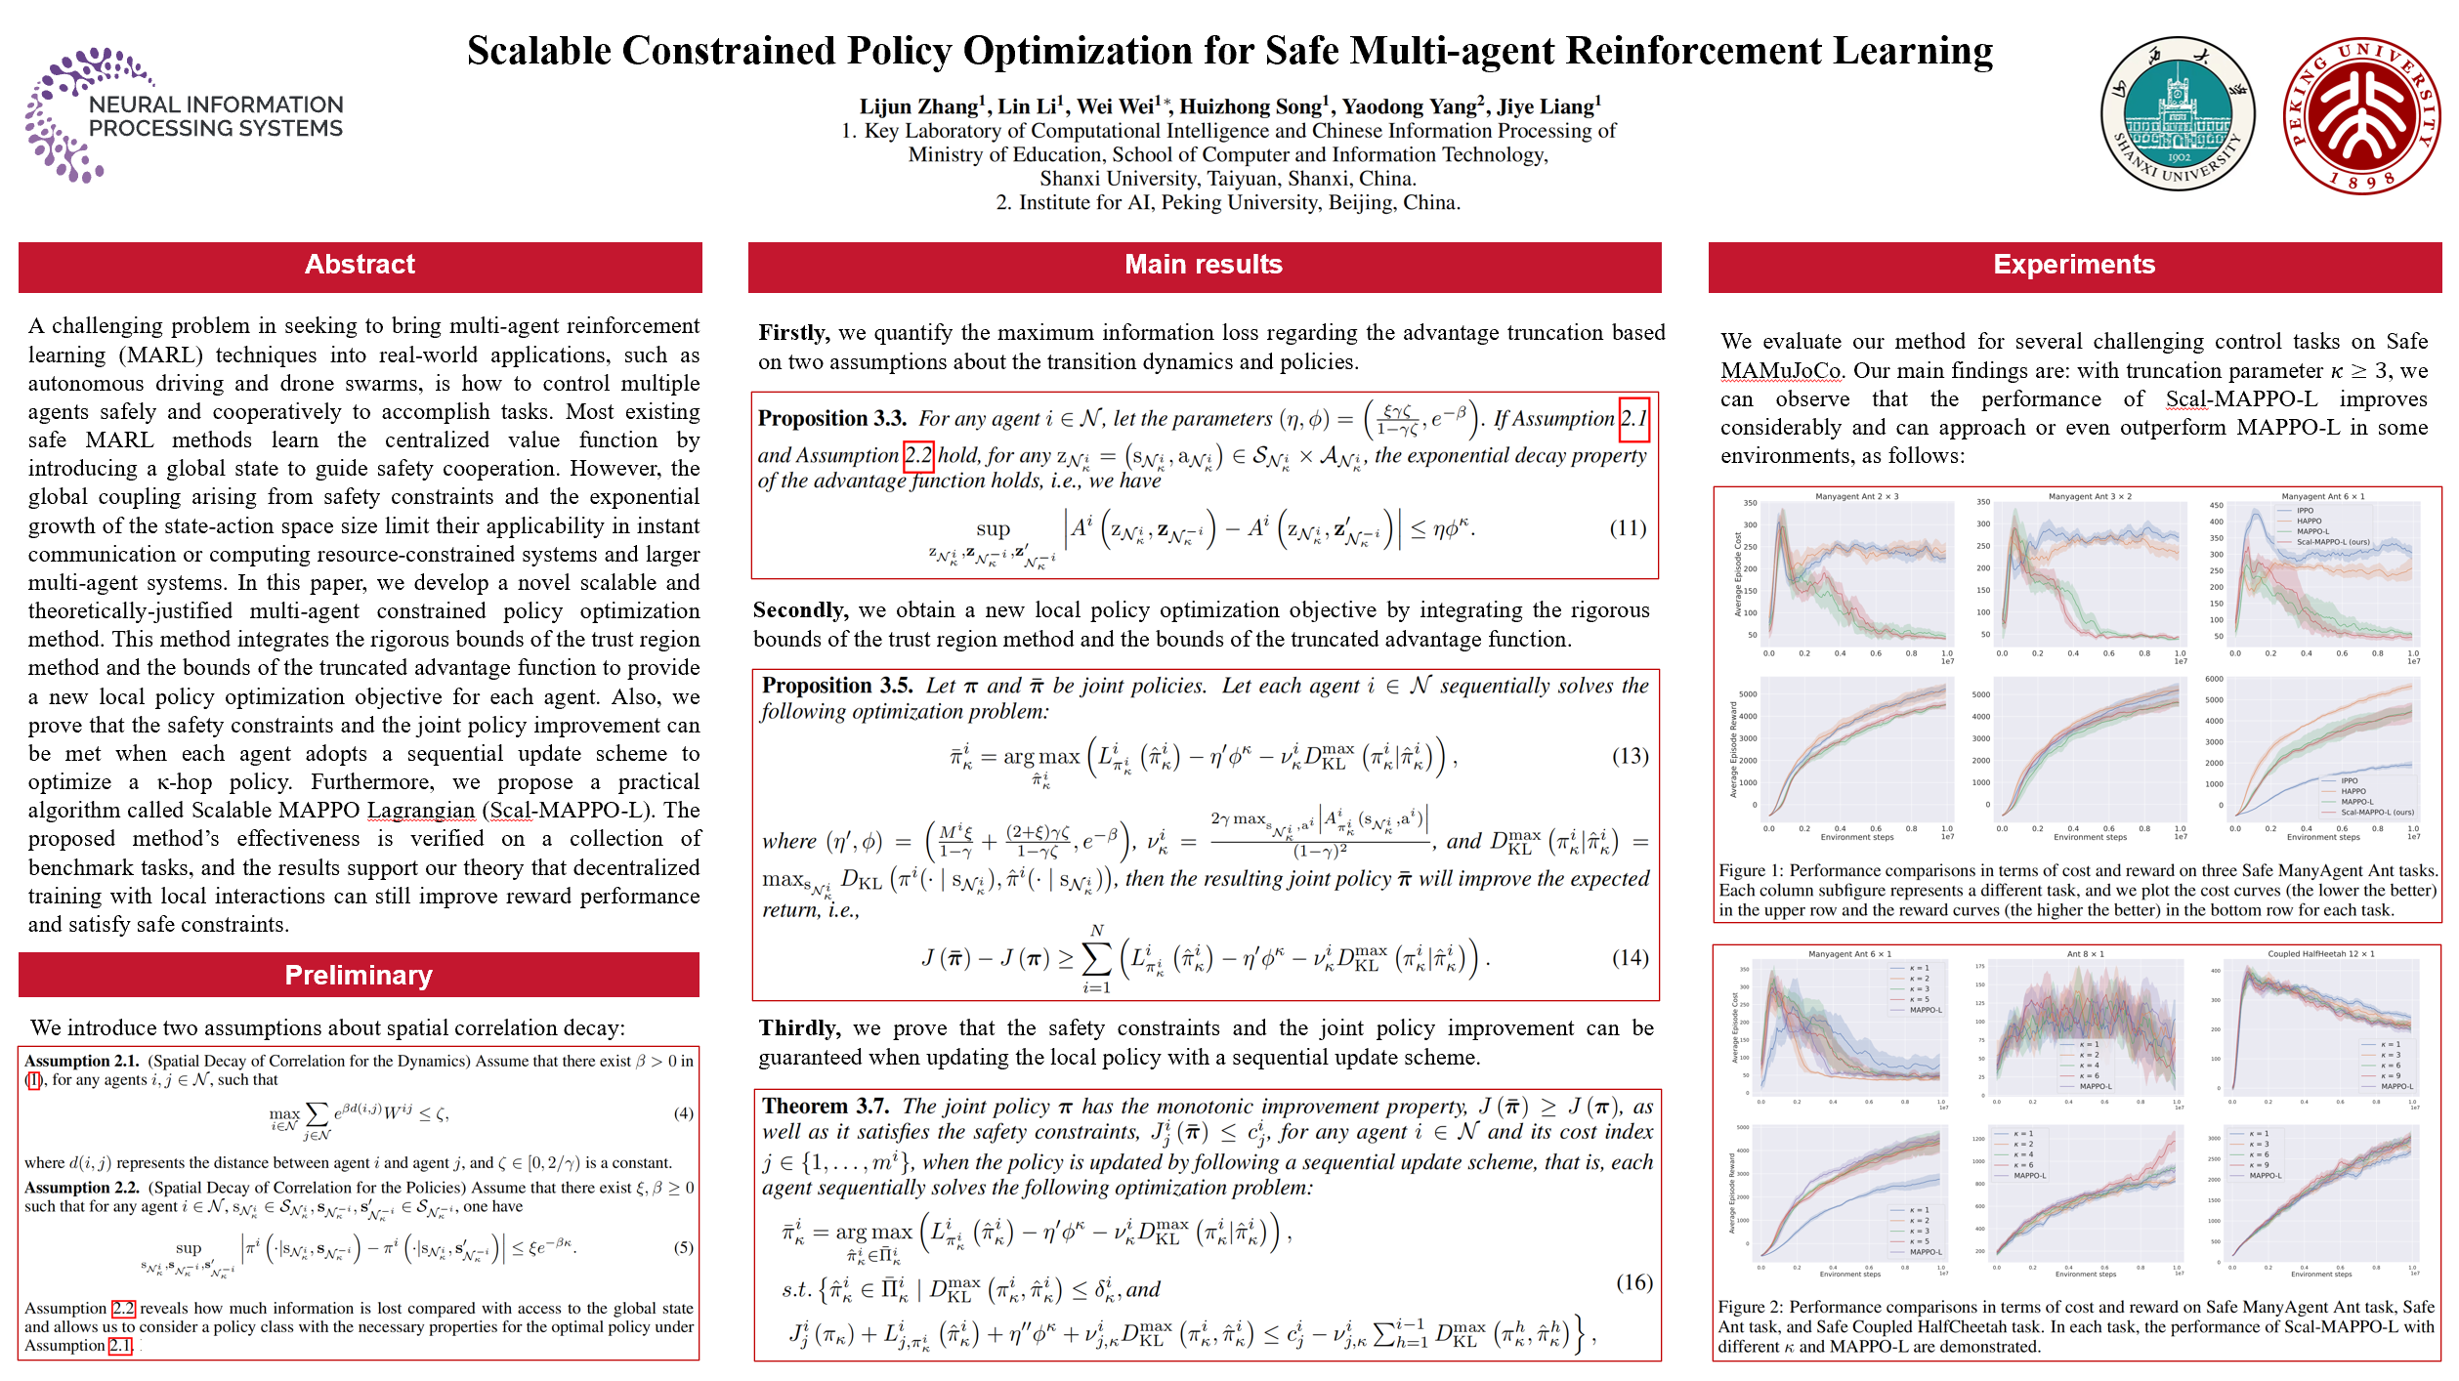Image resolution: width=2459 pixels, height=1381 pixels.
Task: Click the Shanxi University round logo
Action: point(2178,113)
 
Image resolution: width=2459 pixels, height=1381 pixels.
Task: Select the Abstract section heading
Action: point(360,265)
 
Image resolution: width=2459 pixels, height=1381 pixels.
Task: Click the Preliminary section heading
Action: point(359,976)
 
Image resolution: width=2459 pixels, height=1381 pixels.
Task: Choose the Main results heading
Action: point(1203,265)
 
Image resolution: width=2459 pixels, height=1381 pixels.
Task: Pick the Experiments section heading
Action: point(2074,265)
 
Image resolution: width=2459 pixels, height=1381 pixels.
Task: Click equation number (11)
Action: point(1628,528)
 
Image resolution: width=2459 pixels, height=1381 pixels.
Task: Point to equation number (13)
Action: point(1630,756)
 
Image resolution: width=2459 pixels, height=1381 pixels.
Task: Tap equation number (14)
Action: point(1630,958)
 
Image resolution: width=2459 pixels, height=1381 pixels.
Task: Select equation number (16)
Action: point(1633,1282)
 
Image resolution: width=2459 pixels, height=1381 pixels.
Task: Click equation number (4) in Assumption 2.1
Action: point(683,1113)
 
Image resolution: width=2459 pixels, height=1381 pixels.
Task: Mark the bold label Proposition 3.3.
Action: point(832,419)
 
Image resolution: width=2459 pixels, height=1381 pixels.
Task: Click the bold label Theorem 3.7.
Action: point(826,1107)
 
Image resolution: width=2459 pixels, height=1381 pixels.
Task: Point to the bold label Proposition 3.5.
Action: point(837,686)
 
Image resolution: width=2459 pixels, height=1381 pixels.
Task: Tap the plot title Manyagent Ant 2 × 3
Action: point(1856,496)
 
